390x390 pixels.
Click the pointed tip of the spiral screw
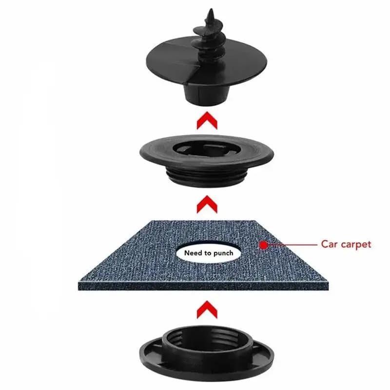[211, 9]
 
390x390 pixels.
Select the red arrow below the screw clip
[207, 120]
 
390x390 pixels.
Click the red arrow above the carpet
[207, 204]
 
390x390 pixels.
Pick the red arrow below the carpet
[207, 310]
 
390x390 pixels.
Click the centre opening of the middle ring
[206, 149]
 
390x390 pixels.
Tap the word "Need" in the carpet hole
[194, 253]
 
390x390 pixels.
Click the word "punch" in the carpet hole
[223, 253]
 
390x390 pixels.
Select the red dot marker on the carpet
[263, 245]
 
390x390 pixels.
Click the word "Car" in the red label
[330, 244]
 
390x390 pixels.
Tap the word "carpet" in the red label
[356, 245]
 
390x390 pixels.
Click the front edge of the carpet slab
[203, 286]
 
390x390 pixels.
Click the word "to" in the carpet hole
[208, 253]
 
